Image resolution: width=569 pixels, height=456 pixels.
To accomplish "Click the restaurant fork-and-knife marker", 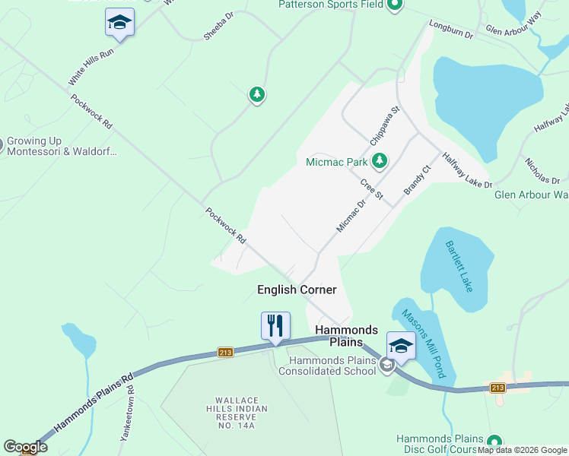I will coord(275,325).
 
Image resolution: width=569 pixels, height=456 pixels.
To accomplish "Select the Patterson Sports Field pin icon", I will coord(394,6).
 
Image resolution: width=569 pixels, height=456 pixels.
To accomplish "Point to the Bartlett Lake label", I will coord(459,267).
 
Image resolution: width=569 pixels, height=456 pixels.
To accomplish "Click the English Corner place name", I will coord(297,290).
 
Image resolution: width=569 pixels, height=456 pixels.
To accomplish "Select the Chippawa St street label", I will coord(385,126).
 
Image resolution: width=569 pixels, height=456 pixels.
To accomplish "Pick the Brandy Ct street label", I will coord(417,179).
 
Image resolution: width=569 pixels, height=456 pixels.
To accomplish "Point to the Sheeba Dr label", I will coord(218,25).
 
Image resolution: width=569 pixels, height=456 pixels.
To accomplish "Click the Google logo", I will coord(25,447).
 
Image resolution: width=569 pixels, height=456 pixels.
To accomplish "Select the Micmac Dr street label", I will coord(351,214).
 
